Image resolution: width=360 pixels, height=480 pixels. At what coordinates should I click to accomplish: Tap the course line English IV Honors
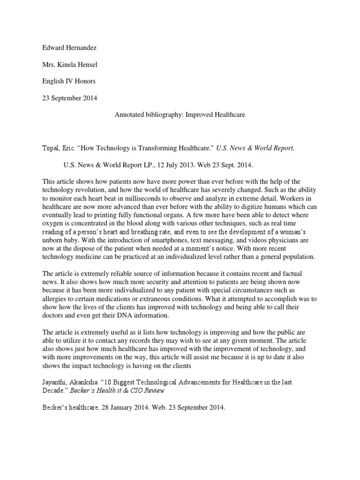69,81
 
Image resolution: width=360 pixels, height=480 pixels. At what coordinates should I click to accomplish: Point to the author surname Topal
51,148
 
